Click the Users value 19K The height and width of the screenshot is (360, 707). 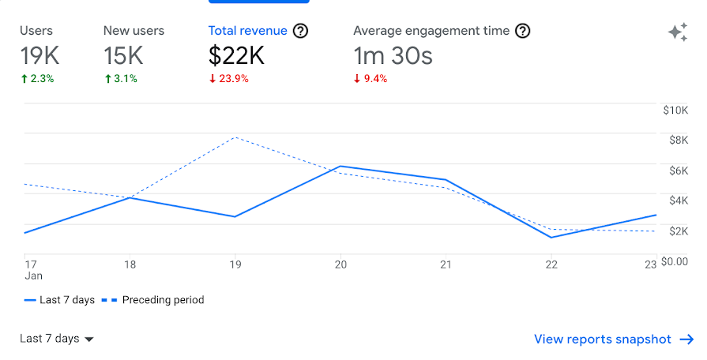(x=39, y=55)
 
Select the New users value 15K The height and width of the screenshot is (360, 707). (x=122, y=55)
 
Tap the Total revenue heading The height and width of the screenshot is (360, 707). (x=247, y=31)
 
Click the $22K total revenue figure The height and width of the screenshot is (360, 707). (x=236, y=55)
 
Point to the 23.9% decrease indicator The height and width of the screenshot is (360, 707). (x=229, y=78)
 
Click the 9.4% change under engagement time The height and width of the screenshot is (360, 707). (x=370, y=78)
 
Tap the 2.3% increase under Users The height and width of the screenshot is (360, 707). (x=37, y=78)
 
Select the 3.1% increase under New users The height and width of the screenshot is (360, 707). (x=120, y=78)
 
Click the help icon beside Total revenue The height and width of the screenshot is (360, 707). (x=300, y=31)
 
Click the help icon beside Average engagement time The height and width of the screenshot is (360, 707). (x=522, y=31)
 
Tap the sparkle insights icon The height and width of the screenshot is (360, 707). (x=677, y=32)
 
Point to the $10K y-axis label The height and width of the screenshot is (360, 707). (x=675, y=111)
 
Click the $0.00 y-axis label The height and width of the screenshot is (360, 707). (x=677, y=261)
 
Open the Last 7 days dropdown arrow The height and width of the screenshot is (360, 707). (x=89, y=339)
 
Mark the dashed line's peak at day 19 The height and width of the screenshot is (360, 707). (x=235, y=137)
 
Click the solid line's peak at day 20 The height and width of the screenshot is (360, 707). (x=340, y=167)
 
